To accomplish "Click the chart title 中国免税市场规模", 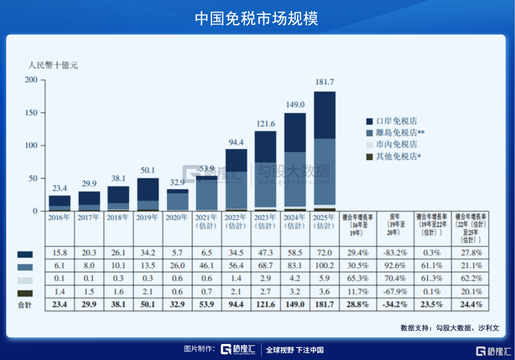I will (x=257, y=18).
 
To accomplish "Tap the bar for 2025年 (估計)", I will (x=325, y=150).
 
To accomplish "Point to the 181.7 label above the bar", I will (x=325, y=82).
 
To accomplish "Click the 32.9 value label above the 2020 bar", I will (x=177, y=182).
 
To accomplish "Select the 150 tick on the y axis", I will (x=32, y=113).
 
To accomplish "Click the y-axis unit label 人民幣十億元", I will (x=53, y=66).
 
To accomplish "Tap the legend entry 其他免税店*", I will (x=398, y=156).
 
